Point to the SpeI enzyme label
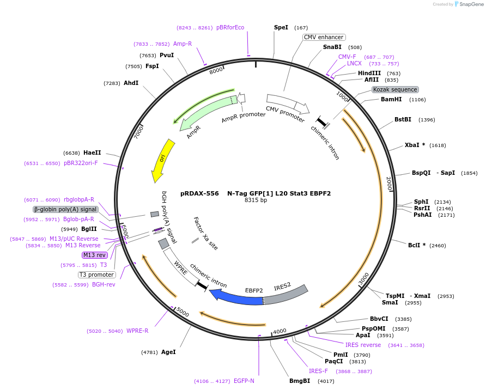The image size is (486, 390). coord(281,27)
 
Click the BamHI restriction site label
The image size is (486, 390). coord(391,99)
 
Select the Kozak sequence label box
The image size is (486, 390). coord(395,89)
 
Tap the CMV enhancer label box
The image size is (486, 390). coord(324,37)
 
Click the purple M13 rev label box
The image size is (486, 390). coord(94,255)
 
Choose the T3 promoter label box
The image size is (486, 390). coord(96,275)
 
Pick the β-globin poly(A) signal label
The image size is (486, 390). coord(65,209)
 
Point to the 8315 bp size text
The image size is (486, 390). coord(256,200)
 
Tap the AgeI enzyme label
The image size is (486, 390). coord(168,352)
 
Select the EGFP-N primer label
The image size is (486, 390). coord(244,381)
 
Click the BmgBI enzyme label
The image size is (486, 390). coord(300,381)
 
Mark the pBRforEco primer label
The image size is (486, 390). coord(230,27)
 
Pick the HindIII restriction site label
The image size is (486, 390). coord(369,73)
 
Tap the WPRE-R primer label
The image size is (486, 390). coord(137,331)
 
